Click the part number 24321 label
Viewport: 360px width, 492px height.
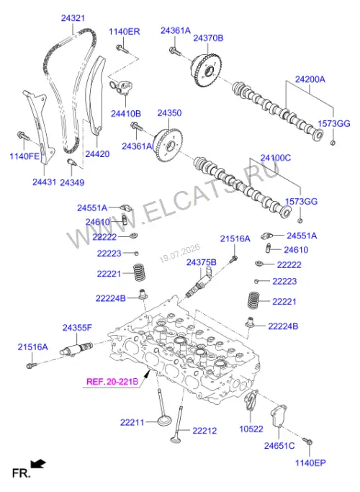pyautogui.click(x=73, y=18)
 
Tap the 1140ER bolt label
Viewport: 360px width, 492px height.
pyautogui.click(x=125, y=32)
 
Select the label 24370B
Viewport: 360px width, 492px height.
pyautogui.click(x=208, y=38)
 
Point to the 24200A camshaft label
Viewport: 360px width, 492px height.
pyautogui.click(x=310, y=79)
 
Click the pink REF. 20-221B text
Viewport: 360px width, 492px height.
pyautogui.click(x=112, y=382)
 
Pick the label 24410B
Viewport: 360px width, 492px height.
pyautogui.click(x=126, y=113)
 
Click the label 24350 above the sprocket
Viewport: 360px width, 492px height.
pyautogui.click(x=169, y=113)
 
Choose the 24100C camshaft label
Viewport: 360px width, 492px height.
pyautogui.click(x=276, y=158)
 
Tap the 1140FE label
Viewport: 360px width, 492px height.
pyautogui.click(x=24, y=156)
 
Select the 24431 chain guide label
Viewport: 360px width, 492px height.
pyautogui.click(x=44, y=182)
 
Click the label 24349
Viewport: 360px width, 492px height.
pyautogui.click(x=72, y=182)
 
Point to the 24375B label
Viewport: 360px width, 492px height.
pyautogui.click(x=202, y=262)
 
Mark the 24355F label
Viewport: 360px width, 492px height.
pyautogui.click(x=77, y=328)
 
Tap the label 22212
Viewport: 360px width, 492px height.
pyautogui.click(x=204, y=431)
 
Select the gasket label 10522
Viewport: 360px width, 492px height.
pyautogui.click(x=251, y=429)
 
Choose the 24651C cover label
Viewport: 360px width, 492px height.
pyautogui.click(x=279, y=446)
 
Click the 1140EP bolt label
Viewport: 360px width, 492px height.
pyautogui.click(x=310, y=462)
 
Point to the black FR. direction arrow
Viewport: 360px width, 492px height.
pyautogui.click(x=38, y=464)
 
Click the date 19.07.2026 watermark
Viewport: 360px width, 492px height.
pyautogui.click(x=180, y=254)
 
